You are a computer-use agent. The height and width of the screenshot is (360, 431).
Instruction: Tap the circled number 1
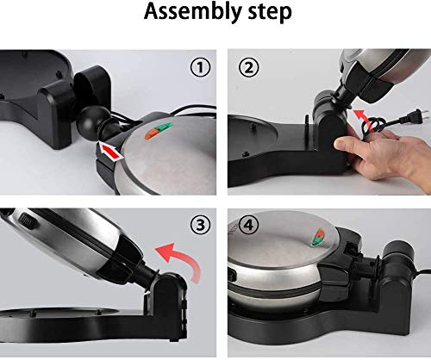[200, 67]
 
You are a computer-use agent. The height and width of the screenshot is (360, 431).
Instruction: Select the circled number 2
[249, 67]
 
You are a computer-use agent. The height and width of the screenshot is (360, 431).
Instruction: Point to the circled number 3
[200, 225]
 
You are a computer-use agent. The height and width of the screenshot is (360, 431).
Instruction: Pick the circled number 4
[249, 225]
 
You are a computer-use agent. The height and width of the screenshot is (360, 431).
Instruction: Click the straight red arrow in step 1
[110, 151]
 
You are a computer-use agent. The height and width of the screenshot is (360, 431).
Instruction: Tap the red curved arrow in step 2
[363, 118]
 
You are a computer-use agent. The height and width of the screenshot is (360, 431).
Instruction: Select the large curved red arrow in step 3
[187, 258]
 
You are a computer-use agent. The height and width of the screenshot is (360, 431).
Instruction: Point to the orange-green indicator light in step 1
[159, 131]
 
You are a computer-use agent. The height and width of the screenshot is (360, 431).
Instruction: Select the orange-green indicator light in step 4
[318, 237]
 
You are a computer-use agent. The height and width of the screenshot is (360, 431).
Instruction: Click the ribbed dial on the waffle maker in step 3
[28, 221]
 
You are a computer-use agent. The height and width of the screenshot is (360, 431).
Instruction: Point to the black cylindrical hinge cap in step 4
[400, 253]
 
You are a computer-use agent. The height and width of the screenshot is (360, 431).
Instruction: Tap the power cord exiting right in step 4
[422, 271]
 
